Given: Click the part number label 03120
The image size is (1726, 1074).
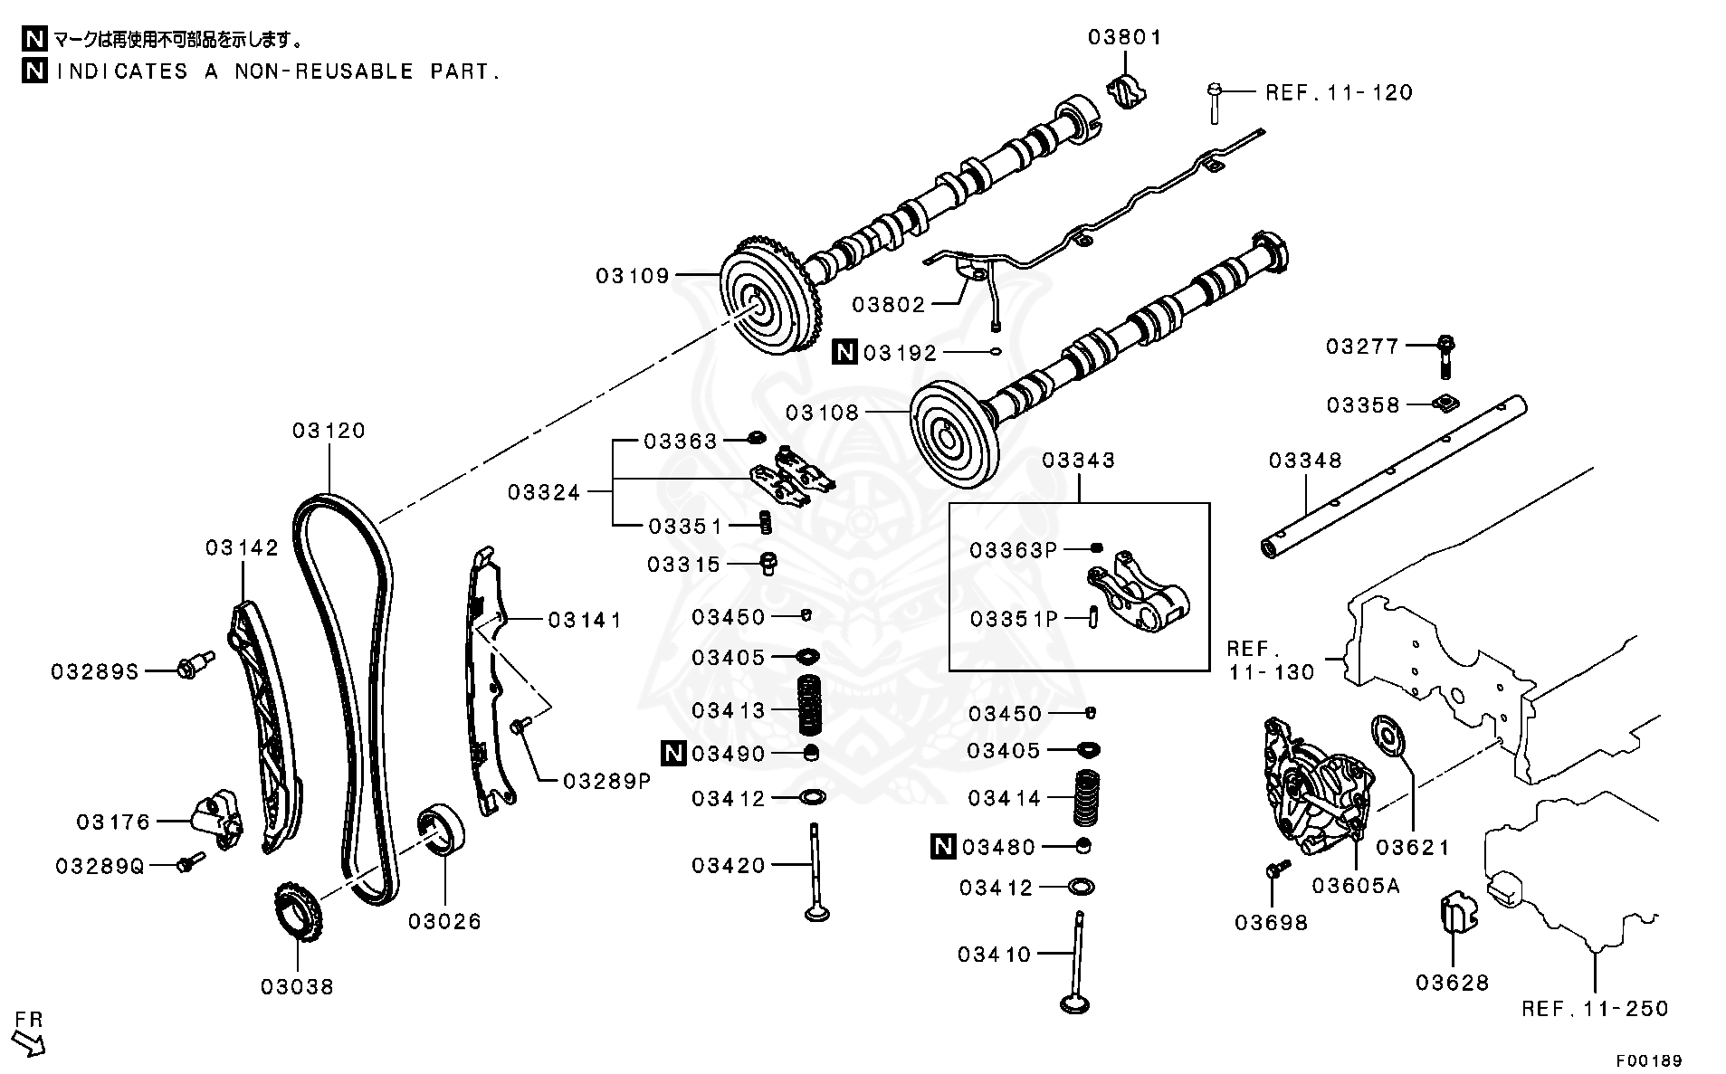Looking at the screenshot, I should point(329,431).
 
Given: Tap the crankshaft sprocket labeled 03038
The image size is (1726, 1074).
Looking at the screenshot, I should point(297,914).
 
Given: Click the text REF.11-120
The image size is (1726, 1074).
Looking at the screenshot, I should point(1339,92).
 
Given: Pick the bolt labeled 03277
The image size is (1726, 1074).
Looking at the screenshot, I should point(1445,355).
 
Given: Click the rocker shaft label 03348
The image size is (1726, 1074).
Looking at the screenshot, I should point(1304,461).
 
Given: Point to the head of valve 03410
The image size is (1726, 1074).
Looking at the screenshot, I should point(1077,1002).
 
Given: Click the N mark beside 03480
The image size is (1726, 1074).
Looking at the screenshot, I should point(942,847).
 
